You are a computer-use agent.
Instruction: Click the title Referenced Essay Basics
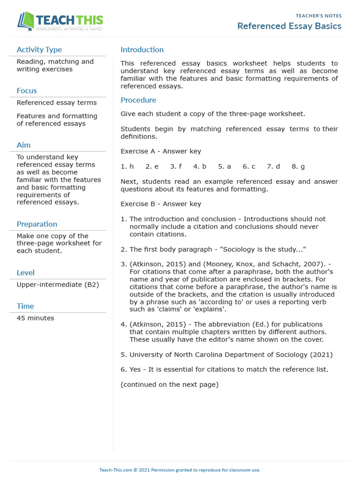(x=289, y=26)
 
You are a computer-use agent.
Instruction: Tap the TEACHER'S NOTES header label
(x=319, y=16)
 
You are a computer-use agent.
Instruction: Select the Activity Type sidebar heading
(x=39, y=50)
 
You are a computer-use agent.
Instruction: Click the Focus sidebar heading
(x=27, y=90)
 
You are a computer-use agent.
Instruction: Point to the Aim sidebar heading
(x=23, y=145)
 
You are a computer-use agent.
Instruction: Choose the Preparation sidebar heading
(x=37, y=224)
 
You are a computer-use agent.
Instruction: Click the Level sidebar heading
(x=25, y=272)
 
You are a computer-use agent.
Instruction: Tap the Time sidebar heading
(x=25, y=306)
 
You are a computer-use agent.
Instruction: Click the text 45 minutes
(x=35, y=318)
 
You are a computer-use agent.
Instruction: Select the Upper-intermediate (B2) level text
(x=58, y=285)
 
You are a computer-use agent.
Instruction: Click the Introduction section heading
(x=142, y=50)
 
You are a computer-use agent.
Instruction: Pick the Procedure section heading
(x=138, y=100)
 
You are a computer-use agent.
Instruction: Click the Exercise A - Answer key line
(x=161, y=151)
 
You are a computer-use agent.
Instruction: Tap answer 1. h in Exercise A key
(x=127, y=166)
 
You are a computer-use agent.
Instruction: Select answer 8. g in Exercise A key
(x=298, y=166)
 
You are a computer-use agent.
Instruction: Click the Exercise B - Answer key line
(x=161, y=204)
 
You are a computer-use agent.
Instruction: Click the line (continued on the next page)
(x=169, y=384)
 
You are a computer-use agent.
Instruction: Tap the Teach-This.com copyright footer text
(x=180, y=470)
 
